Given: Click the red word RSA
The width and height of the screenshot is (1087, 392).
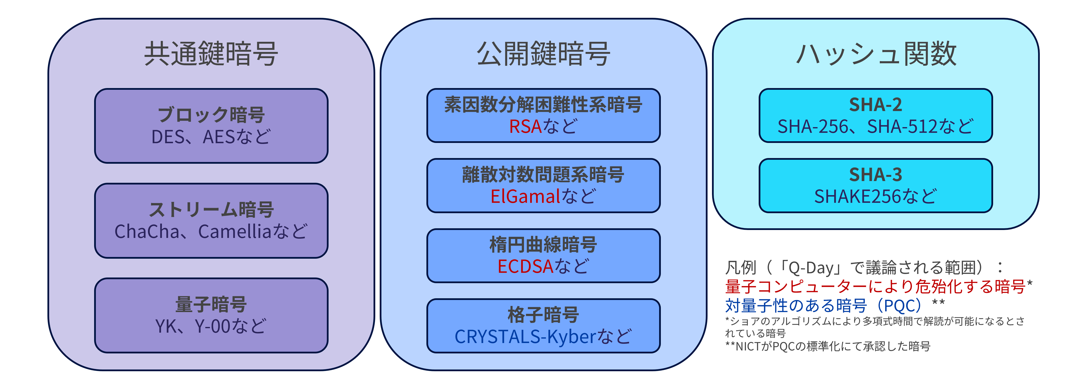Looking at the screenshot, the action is [x=525, y=127].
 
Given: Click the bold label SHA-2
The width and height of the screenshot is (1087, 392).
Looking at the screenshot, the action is [x=876, y=105].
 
